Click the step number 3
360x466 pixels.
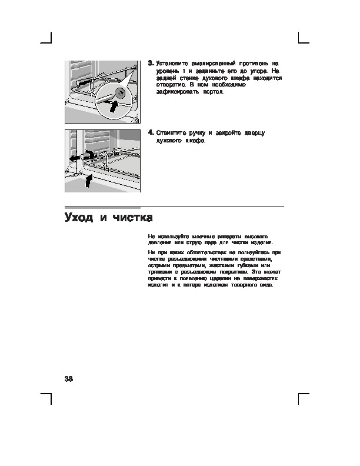click(151, 62)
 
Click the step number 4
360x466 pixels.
click(151, 133)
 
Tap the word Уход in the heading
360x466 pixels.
click(79, 218)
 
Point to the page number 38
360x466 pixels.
click(69, 377)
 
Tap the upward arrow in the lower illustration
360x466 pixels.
click(88, 180)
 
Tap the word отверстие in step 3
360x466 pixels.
click(171, 85)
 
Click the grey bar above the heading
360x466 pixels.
click(102, 207)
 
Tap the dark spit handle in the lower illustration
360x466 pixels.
click(88, 156)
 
